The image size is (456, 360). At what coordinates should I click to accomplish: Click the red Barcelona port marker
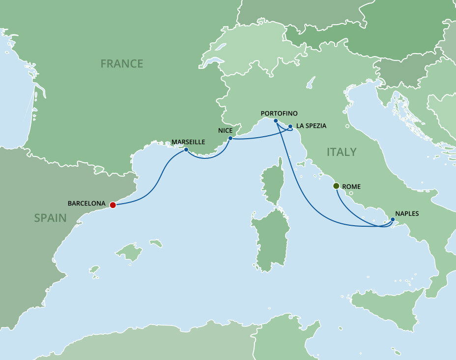[113, 205]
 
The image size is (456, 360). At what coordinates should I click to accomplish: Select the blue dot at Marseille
[186, 150]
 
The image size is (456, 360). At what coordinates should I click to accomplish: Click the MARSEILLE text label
[188, 142]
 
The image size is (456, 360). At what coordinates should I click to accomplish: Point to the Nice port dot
[230, 138]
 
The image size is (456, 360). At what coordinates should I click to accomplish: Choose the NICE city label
[225, 131]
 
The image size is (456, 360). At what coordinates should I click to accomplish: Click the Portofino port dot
[276, 121]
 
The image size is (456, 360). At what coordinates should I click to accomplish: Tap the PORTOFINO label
[279, 113]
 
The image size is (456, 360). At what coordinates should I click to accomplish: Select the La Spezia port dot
[290, 126]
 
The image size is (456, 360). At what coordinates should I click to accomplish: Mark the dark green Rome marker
[336, 186]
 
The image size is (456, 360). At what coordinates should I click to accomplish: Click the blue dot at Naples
[392, 219]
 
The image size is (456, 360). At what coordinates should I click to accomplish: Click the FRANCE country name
[121, 63]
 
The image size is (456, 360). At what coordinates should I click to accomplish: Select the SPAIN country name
[50, 217]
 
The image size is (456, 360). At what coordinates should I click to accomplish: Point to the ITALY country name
[342, 152]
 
